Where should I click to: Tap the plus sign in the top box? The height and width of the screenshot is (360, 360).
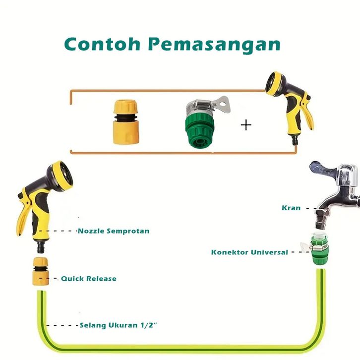click(x=246, y=124)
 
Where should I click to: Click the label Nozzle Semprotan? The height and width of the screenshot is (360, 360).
click(x=113, y=231)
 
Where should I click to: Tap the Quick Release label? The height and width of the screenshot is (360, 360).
click(x=88, y=279)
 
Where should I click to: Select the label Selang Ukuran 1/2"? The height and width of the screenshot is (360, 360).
click(x=119, y=326)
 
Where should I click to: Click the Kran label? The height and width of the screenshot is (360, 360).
click(x=291, y=208)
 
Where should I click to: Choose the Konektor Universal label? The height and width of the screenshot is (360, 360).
click(x=249, y=252)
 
